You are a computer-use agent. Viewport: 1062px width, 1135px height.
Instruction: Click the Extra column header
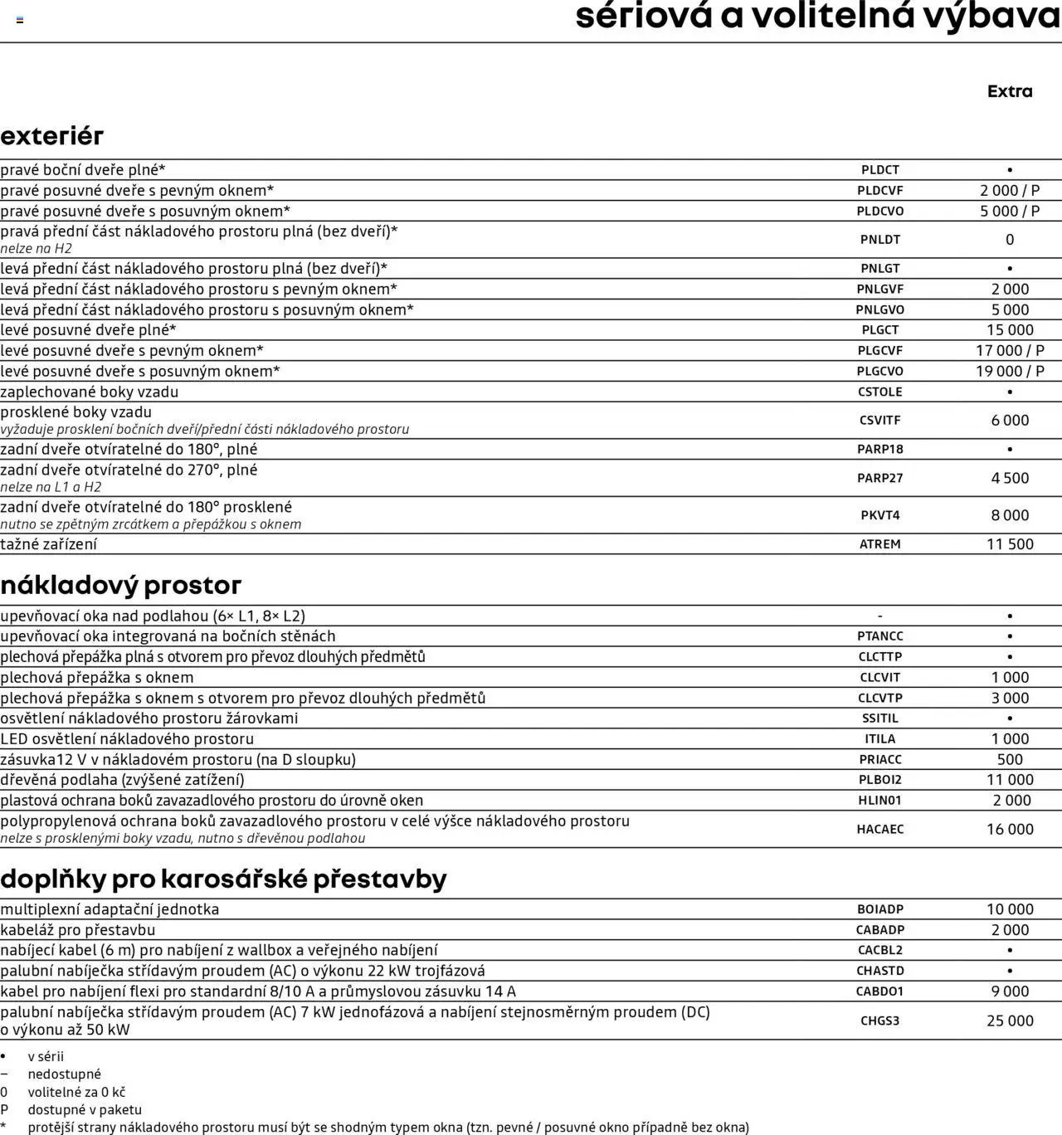(x=1010, y=91)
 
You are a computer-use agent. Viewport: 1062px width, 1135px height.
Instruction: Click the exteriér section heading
(x=51, y=135)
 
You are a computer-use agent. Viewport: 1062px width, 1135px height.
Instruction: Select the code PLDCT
(x=879, y=170)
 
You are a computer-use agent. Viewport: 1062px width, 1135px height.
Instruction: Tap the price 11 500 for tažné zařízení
(x=1010, y=544)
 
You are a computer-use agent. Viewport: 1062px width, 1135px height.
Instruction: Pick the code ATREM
(x=879, y=544)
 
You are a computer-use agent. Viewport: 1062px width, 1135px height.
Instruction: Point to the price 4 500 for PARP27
(x=1010, y=478)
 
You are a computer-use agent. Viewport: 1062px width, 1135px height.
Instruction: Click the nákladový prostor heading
(x=120, y=585)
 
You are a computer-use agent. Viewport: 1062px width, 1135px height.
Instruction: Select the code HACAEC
(x=879, y=829)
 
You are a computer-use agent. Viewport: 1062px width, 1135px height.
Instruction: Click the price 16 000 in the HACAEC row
(x=1010, y=829)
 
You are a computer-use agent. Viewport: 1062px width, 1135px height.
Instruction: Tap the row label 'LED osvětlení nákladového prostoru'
(x=127, y=738)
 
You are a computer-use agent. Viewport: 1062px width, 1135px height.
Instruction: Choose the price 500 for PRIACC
(x=1010, y=759)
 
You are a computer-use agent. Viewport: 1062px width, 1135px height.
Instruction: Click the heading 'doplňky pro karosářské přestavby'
(x=223, y=879)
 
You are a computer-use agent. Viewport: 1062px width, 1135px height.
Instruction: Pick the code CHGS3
(x=879, y=1021)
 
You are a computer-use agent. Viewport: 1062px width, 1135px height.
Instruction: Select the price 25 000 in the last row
(x=1010, y=1021)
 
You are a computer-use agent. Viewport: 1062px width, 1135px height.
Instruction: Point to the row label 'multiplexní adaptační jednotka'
(x=110, y=909)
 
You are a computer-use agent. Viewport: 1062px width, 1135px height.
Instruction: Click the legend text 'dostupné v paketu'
(x=85, y=1109)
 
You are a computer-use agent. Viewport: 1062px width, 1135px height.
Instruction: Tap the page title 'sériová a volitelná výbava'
(x=817, y=17)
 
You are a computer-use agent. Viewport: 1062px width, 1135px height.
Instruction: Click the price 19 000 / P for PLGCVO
(x=1010, y=371)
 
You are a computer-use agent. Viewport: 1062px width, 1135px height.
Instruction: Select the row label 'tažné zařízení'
(x=48, y=544)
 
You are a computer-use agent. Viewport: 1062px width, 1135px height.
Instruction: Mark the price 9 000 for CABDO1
(x=1010, y=991)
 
